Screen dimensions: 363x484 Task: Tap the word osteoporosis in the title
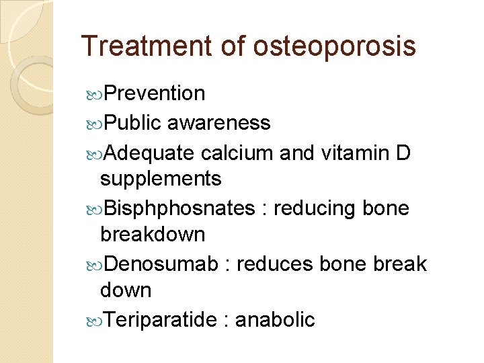click(335, 46)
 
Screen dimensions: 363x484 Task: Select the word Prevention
click(155, 93)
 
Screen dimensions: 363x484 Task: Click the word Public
click(133, 122)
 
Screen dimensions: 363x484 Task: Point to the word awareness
click(219, 122)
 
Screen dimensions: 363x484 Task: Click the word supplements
click(161, 179)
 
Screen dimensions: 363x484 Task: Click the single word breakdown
click(153, 235)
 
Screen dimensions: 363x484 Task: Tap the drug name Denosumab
click(161, 264)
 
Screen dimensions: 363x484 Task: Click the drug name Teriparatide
click(161, 320)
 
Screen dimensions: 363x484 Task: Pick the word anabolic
click(274, 320)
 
